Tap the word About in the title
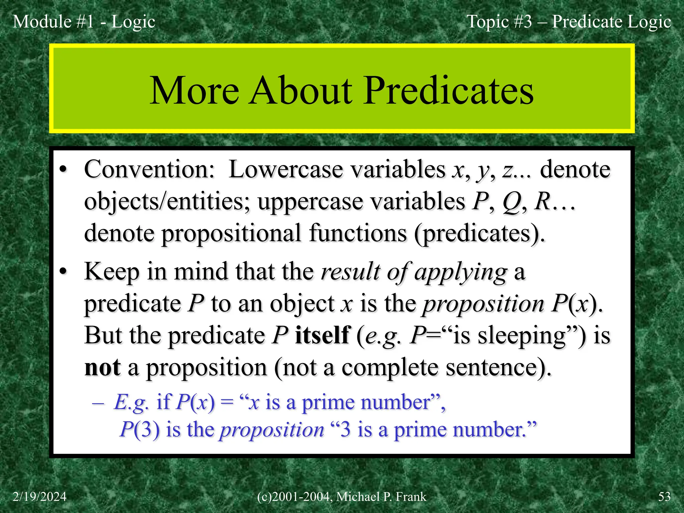pos(301,91)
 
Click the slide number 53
pos(664,497)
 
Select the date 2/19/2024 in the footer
pos(39,497)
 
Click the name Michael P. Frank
pos(381,497)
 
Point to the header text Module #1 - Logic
pos(84,22)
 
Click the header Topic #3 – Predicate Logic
pos(568,22)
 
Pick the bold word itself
pos(322,335)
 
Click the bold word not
pos(102,367)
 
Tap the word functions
pos(358,233)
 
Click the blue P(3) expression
pos(140,430)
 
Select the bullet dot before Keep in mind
pos(63,272)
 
